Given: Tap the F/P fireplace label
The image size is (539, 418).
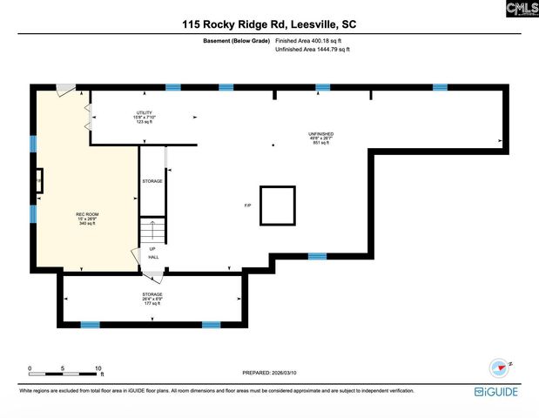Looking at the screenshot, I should [x=247, y=205].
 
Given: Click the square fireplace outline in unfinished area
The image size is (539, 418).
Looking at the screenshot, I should [x=279, y=206].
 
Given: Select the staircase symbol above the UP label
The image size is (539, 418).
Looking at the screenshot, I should [x=153, y=231].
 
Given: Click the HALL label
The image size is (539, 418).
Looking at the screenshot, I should [x=153, y=257].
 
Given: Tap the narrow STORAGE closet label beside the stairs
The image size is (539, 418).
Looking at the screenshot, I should [x=152, y=181].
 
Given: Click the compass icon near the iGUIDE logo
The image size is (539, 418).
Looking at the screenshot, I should [x=499, y=367].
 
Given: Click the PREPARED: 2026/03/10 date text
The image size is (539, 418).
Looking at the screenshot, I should [x=269, y=373].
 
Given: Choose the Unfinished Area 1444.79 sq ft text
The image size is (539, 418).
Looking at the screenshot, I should [x=313, y=51].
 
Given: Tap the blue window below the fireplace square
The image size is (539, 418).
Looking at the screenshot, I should [x=317, y=256].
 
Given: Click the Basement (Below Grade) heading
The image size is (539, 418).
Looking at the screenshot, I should [x=235, y=41].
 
